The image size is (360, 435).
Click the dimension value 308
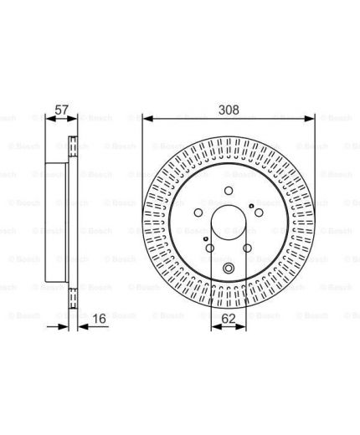(x=229, y=110)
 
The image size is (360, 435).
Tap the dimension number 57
(x=61, y=110)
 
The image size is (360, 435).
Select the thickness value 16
(x=99, y=319)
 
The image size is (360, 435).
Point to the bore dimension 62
(x=229, y=319)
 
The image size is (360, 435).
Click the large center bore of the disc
(x=229, y=223)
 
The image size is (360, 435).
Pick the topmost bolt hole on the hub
(x=229, y=191)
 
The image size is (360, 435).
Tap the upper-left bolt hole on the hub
(x=198, y=212)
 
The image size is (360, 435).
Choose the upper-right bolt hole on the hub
(x=259, y=212)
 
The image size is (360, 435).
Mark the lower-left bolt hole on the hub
(x=210, y=248)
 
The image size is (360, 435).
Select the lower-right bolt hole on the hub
(x=247, y=248)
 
